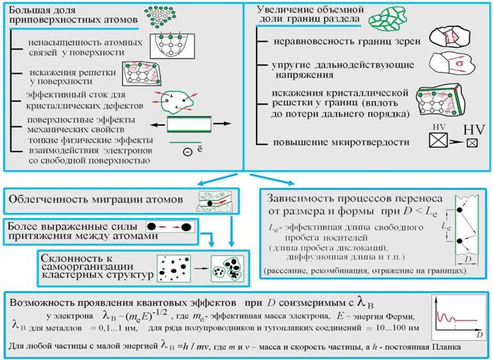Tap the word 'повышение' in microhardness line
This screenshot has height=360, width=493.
pos(299,141)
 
